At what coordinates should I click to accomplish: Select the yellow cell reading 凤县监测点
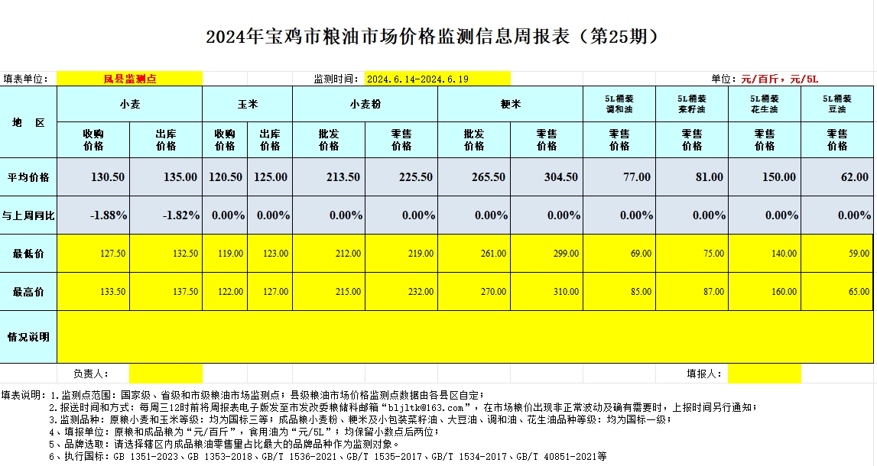(130, 79)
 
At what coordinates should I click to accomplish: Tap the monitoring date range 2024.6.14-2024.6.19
(417, 79)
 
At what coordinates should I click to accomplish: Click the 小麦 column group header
(130, 103)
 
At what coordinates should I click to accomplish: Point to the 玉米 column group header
(247, 103)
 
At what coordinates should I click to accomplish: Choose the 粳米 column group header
(510, 103)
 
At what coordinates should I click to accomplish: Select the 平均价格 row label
(28, 177)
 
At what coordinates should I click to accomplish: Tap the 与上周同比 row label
(28, 215)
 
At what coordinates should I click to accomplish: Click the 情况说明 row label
(28, 336)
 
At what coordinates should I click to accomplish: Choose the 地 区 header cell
(28, 122)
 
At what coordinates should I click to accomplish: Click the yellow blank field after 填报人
(764, 374)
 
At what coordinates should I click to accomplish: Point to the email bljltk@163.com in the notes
(432, 407)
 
